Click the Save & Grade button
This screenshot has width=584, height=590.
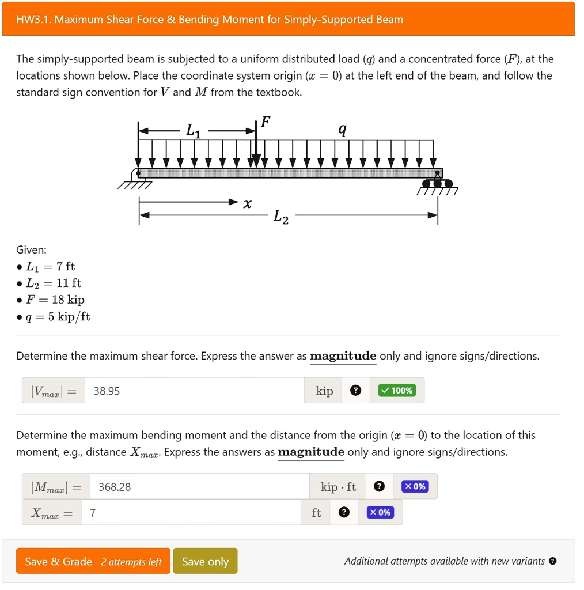[93, 561]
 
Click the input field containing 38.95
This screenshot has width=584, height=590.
[194, 391]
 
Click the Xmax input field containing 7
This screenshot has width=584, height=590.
[192, 512]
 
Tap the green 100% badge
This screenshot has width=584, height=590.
[396, 391]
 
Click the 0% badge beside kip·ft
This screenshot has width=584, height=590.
[415, 487]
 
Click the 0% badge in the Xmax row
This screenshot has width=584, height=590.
[380, 512]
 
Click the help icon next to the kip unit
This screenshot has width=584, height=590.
[356, 391]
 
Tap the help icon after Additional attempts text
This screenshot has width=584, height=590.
[552, 561]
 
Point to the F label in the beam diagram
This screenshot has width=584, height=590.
[265, 122]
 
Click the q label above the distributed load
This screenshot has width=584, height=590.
[342, 130]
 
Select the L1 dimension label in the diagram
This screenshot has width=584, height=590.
[194, 132]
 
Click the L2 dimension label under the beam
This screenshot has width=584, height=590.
[281, 217]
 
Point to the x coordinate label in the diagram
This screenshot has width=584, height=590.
[247, 203]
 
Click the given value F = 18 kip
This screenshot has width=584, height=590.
[55, 300]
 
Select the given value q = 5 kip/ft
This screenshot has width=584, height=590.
[58, 316]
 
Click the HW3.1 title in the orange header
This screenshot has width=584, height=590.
[209, 20]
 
